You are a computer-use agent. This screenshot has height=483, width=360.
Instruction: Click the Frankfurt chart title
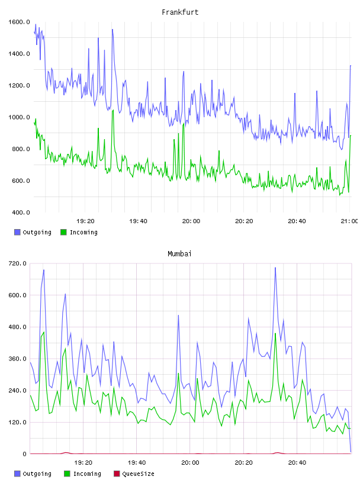point(180,12)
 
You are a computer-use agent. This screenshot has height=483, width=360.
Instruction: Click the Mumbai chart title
point(179,254)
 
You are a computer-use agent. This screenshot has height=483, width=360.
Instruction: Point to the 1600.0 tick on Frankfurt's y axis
point(19,22)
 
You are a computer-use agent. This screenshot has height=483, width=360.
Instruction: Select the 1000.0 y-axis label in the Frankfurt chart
point(19,117)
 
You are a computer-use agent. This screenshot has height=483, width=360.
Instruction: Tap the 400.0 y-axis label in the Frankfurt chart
point(21,212)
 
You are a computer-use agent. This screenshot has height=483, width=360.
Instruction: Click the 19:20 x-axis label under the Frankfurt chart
point(85,221)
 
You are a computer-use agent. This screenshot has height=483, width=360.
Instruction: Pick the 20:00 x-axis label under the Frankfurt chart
point(191,221)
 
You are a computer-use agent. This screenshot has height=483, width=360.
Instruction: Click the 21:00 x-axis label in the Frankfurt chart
point(349,221)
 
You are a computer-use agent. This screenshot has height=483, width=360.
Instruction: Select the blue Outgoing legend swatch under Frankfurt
point(17,232)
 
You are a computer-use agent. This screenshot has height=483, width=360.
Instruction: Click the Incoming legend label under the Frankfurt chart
point(83,232)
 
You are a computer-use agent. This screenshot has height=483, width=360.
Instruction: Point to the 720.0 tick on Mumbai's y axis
point(17,263)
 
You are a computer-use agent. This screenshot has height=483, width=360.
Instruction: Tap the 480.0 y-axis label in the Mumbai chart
point(17,327)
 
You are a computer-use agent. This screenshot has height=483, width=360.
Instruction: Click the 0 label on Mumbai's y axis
point(25,454)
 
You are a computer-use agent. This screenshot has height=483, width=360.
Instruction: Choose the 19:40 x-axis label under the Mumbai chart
point(137,462)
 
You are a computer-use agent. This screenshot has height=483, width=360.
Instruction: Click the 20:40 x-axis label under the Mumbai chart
point(297,462)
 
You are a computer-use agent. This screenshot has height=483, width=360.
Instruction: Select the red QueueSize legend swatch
point(117,474)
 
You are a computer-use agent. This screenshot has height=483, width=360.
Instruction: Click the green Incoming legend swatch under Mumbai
point(67,474)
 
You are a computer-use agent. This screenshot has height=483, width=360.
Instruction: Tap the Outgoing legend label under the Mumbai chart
point(37,474)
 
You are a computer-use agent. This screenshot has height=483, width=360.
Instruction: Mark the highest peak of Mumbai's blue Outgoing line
point(275,268)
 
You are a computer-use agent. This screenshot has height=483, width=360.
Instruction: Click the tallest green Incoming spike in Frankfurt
point(113,110)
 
